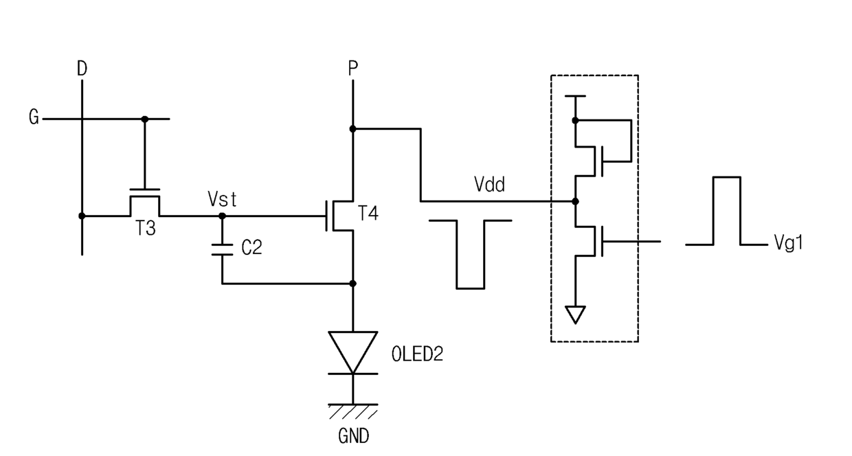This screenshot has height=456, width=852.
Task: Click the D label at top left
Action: coord(82,69)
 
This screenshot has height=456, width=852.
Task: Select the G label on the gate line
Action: coord(34,117)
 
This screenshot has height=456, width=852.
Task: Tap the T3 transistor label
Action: coord(146,228)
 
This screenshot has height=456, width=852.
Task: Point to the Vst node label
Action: coord(222,199)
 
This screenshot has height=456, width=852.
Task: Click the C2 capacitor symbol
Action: coord(222,249)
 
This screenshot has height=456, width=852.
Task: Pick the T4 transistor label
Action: coord(368,213)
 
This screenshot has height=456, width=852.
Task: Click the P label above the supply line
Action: coord(353,69)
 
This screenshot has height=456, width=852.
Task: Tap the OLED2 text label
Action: coord(417,354)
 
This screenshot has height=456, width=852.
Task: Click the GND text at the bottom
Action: coord(353,436)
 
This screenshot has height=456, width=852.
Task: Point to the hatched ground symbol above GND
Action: coord(353,411)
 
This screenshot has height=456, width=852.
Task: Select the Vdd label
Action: coord(489,185)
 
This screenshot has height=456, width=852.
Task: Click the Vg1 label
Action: coord(789,242)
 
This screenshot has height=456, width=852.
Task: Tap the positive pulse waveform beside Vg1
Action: coord(726,211)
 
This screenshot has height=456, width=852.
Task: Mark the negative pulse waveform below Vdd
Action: coord(470,254)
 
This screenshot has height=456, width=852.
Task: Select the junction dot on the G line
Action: coord(144,119)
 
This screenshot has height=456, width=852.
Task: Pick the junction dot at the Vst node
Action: coord(222,216)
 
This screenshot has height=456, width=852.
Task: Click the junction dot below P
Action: coord(352,129)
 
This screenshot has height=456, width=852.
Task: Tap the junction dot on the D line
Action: coord(82,216)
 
